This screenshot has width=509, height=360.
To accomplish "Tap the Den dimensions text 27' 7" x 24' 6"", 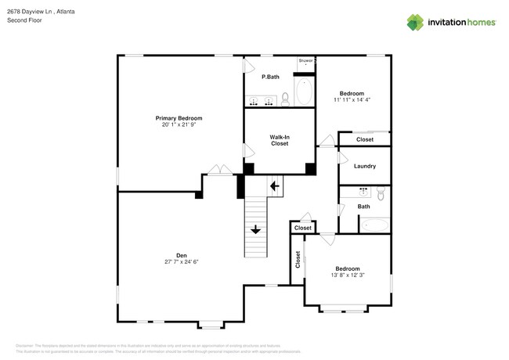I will tap(182, 261).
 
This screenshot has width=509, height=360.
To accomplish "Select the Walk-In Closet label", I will tap(280, 140).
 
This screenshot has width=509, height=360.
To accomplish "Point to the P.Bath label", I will tap(270, 77).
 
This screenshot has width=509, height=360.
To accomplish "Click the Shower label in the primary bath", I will tap(305, 60).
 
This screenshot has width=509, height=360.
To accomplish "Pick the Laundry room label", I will tap(365, 166).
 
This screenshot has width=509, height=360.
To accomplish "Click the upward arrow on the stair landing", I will tap(274, 185).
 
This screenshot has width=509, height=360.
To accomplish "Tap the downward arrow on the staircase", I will tap(256, 229).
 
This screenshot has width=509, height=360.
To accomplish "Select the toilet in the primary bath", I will tap(285, 99).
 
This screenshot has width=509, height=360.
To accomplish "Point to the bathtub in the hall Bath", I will tap(374, 225).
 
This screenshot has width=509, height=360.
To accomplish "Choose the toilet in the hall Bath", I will tap(381, 192).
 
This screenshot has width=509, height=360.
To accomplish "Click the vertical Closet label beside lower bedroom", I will tap(298, 260).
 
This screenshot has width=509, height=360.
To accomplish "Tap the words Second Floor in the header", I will tap(24, 21).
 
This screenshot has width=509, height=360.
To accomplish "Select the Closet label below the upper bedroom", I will tap(365, 139).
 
